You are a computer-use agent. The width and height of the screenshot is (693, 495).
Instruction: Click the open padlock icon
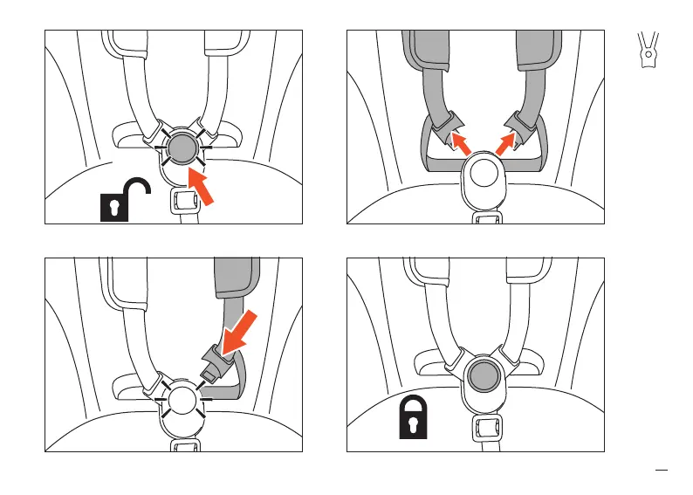click(125, 200)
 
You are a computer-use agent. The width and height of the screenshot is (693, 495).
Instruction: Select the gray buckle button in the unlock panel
click(180, 148)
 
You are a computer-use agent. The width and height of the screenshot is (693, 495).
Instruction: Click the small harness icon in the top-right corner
click(647, 50)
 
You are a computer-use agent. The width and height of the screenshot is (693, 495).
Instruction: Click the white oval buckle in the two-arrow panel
click(482, 175)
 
